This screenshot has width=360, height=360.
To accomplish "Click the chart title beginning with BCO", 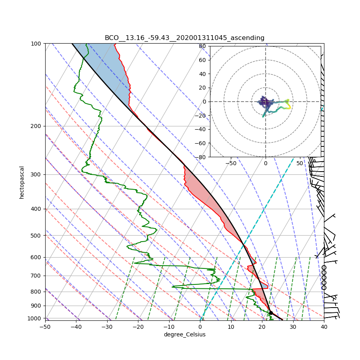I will (x=184, y=38).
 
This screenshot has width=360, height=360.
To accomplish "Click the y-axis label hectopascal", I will (x=22, y=182).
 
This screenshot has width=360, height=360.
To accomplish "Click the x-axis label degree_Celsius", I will (x=184, y=334).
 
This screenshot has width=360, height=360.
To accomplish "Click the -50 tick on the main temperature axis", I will (x=45, y=326).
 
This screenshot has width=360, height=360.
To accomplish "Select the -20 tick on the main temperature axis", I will (x=138, y=326).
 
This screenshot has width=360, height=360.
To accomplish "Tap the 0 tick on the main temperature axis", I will (x=200, y=326).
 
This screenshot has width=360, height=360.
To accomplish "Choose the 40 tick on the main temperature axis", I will (x=324, y=326).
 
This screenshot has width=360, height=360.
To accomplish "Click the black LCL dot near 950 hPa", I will (x=271, y=313).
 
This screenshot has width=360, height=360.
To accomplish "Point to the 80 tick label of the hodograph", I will (x=202, y=46).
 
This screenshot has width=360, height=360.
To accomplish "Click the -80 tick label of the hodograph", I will (x=200, y=157).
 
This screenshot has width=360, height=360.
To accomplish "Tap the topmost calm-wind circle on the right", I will (x=324, y=268).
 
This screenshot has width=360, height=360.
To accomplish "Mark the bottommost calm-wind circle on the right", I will (x=324, y=288).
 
